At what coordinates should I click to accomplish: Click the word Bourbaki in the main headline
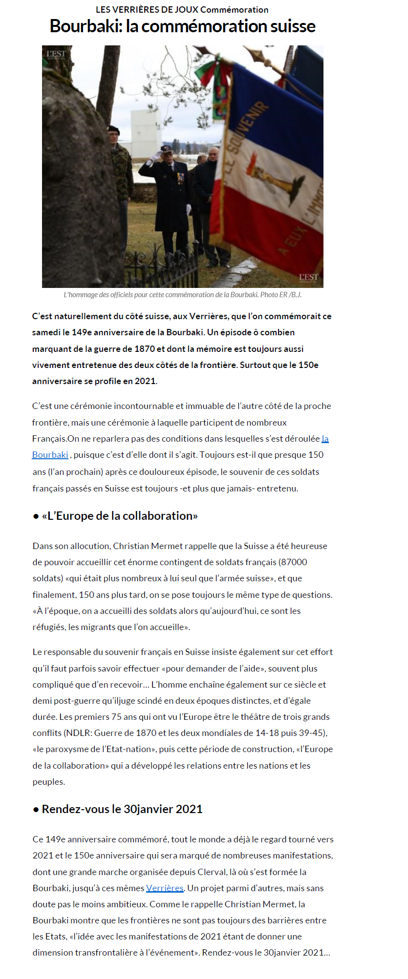pos(85,26)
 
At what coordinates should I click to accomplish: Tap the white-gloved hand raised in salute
pos(156,156)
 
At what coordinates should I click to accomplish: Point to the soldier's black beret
pos(113,130)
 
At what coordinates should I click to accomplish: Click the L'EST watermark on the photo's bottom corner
pos(308,278)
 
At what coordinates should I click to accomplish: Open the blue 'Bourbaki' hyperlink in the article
pos(50,455)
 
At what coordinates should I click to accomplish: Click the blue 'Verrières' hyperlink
pos(165,888)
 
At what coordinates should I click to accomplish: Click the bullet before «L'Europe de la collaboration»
pos(36,516)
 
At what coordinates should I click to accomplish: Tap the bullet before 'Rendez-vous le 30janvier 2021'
pos(36,810)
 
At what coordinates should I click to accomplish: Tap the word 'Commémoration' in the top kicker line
pos(234,10)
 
